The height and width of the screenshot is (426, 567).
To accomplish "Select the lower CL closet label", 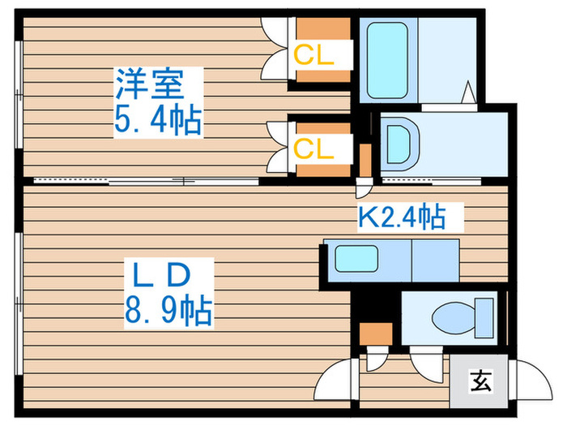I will (x=313, y=148).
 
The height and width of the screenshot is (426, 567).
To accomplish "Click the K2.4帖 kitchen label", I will (x=403, y=217).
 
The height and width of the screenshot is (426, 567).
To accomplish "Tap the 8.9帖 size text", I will (x=169, y=310).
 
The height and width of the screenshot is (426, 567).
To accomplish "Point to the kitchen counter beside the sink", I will (x=436, y=260).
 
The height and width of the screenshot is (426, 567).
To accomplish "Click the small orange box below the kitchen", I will (x=375, y=333).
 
